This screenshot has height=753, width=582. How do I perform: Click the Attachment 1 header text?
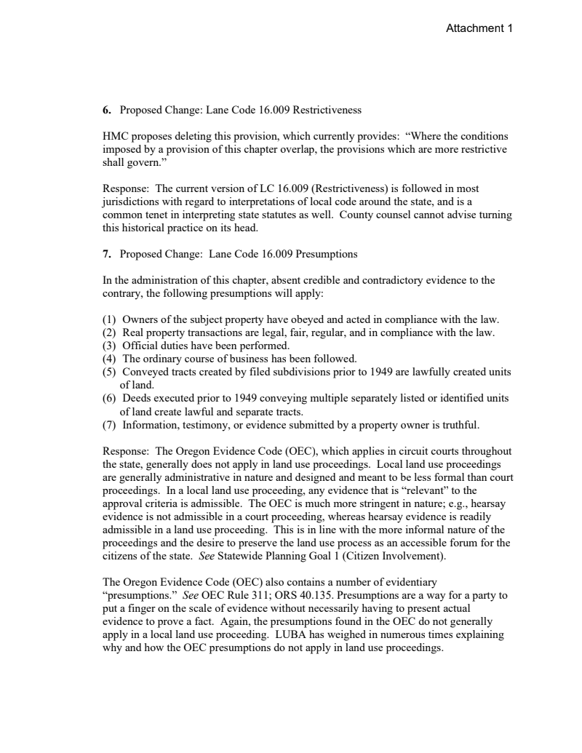[x=479, y=28]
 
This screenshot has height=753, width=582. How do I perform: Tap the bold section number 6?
[x=105, y=111]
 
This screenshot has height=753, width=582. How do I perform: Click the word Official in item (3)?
[x=140, y=345]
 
